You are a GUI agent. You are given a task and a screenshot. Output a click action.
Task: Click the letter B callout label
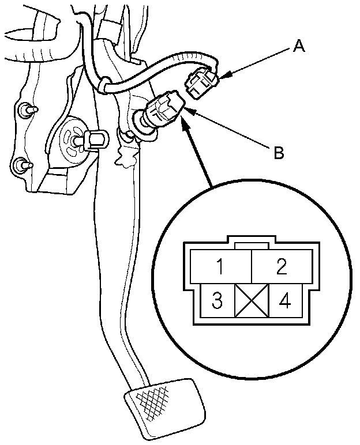click(278, 153)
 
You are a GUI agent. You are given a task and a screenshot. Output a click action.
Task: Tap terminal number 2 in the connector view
click(282, 266)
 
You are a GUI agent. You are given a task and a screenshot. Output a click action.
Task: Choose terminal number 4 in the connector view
click(284, 301)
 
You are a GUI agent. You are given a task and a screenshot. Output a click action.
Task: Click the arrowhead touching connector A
click(223, 76)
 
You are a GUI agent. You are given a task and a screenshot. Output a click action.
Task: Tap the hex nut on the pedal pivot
click(93, 139)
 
